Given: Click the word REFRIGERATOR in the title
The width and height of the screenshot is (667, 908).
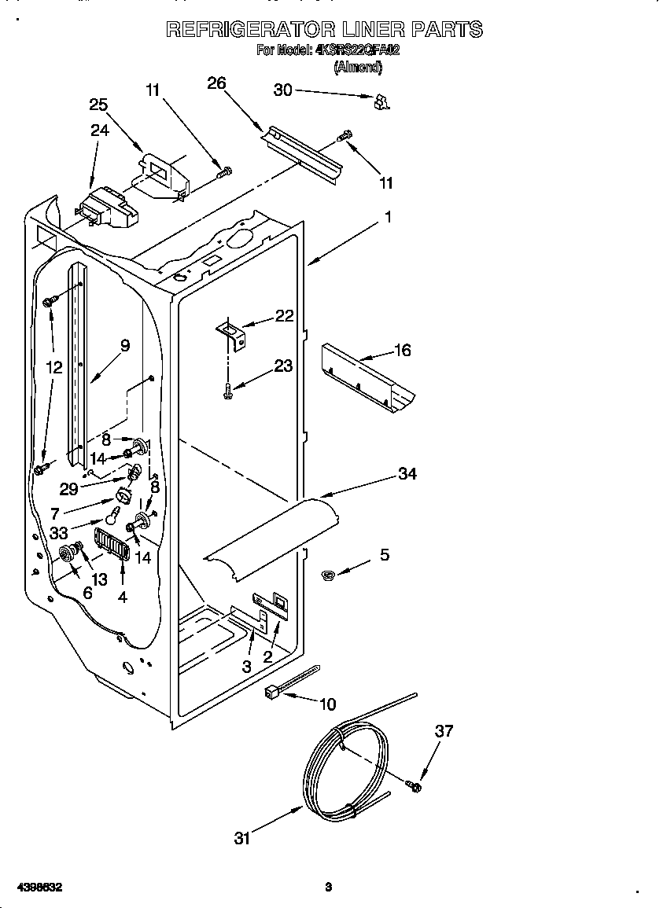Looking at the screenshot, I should click(x=251, y=30).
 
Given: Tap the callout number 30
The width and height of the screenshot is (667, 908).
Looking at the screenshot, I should click(x=282, y=90).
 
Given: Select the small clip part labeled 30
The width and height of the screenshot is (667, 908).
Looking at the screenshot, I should click(x=383, y=100).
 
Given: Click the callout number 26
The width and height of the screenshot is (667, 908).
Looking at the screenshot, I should click(x=216, y=83).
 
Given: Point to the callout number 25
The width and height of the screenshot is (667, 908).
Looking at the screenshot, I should click(x=98, y=105).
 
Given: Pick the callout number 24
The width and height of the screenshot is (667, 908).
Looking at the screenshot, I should click(x=99, y=131).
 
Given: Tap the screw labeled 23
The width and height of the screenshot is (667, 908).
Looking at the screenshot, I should click(x=227, y=388).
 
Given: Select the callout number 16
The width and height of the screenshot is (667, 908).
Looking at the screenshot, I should click(x=402, y=350).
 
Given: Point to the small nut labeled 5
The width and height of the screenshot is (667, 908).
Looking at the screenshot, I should click(x=330, y=577).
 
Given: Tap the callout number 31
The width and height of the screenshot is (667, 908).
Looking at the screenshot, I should click(x=241, y=838).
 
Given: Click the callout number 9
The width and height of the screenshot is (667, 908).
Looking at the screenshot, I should click(x=125, y=344).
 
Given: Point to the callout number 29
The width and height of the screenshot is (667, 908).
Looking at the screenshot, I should click(x=69, y=488).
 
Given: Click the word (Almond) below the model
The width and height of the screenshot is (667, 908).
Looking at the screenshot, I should click(x=358, y=68).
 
